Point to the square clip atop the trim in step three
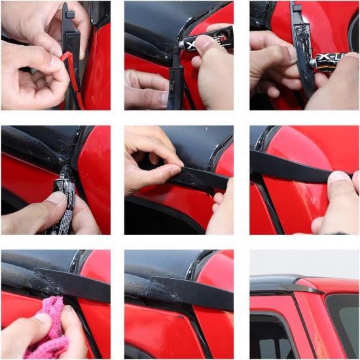(x=297, y=9)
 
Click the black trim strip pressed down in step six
(x=288, y=167)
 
